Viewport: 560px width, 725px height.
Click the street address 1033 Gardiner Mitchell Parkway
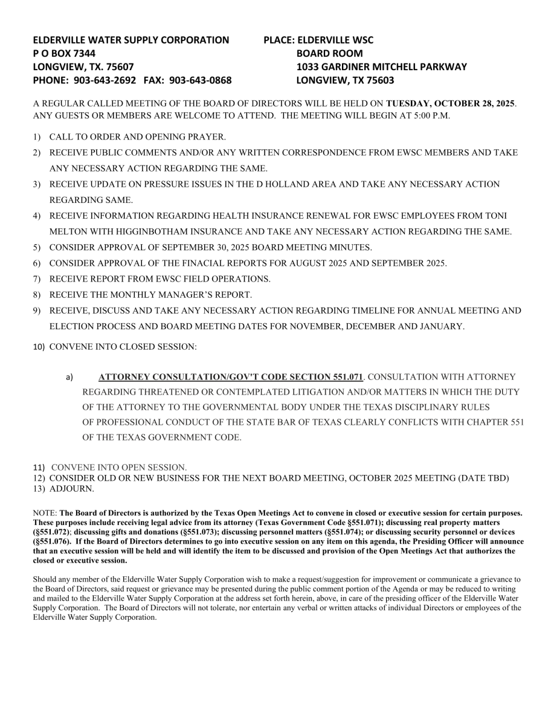(x=382, y=66)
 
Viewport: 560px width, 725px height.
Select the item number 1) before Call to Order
(x=37, y=137)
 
